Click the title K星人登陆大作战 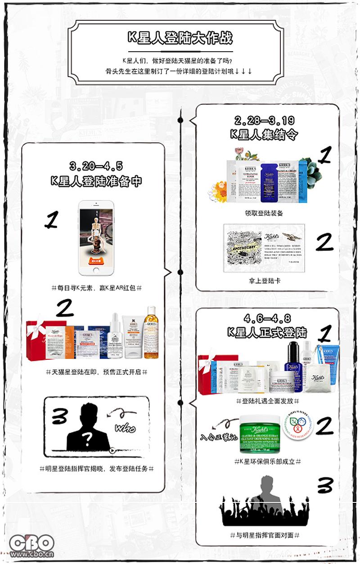180,38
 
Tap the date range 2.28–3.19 264,121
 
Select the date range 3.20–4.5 96,166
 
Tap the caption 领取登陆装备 264,213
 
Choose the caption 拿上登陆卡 264,281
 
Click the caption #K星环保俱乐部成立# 267,461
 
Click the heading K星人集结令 264,134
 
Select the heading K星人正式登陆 267,333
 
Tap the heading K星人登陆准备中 96,181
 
